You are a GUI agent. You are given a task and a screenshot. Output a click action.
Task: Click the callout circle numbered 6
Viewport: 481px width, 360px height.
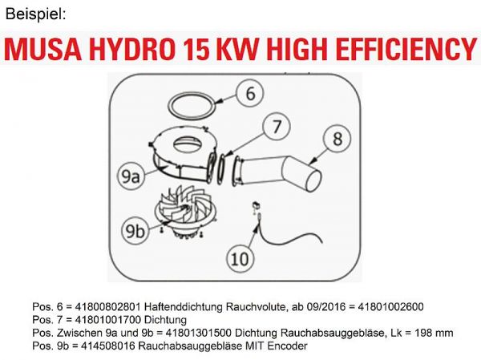pyautogui.click(x=250, y=94)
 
